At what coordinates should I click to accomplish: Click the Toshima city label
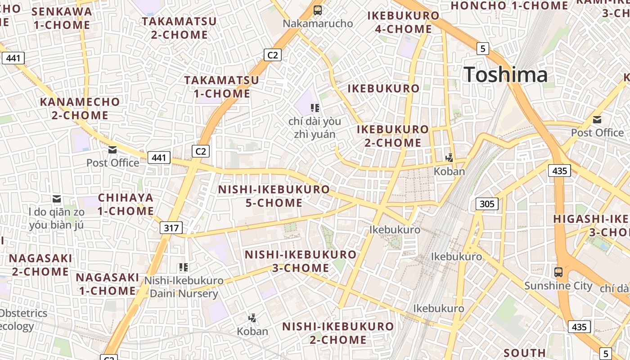pyautogui.click(x=505, y=74)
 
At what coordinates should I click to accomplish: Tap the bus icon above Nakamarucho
pyautogui.click(x=318, y=10)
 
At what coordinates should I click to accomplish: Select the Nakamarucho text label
pyautogui.click(x=318, y=23)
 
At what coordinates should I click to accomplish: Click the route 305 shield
pyautogui.click(x=487, y=204)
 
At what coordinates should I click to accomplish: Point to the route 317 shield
pyautogui.click(x=171, y=228)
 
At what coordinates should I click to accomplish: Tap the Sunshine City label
pyautogui.click(x=558, y=286)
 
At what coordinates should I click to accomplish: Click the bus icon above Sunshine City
pyautogui.click(x=558, y=272)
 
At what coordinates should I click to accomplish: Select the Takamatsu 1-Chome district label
pyautogui.click(x=222, y=87)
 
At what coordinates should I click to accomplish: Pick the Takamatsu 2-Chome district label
pyautogui.click(x=179, y=28)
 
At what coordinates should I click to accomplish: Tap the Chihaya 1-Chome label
pyautogui.click(x=126, y=204)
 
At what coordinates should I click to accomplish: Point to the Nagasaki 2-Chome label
pyautogui.click(x=40, y=265)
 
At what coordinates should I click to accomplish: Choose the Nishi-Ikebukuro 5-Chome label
pyautogui.click(x=274, y=196)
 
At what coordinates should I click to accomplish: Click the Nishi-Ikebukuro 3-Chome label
pyautogui.click(x=301, y=261)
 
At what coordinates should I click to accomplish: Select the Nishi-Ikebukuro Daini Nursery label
pyautogui.click(x=184, y=287)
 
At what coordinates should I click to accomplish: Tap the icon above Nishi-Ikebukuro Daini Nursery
pyautogui.click(x=183, y=267)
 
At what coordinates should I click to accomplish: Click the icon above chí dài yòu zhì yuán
pyautogui.click(x=315, y=108)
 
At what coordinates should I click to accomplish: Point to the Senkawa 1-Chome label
pyautogui.click(x=62, y=18)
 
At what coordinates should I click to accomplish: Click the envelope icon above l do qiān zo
pyautogui.click(x=57, y=199)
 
